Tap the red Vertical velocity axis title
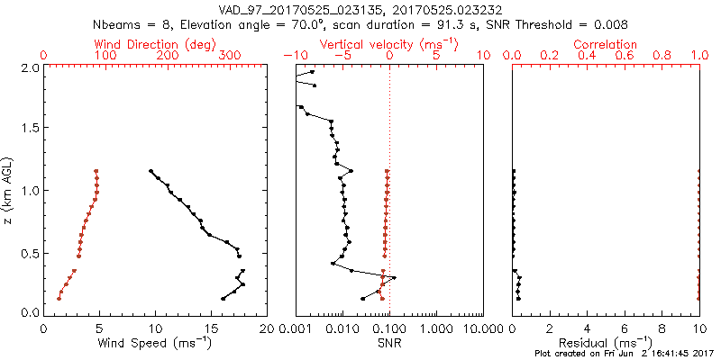point(388,44)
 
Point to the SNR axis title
point(388,343)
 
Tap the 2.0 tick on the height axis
point(30,67)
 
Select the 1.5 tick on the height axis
point(30,129)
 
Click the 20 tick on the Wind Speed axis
point(266,329)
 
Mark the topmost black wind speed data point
point(151,171)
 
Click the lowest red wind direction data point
point(59,299)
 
